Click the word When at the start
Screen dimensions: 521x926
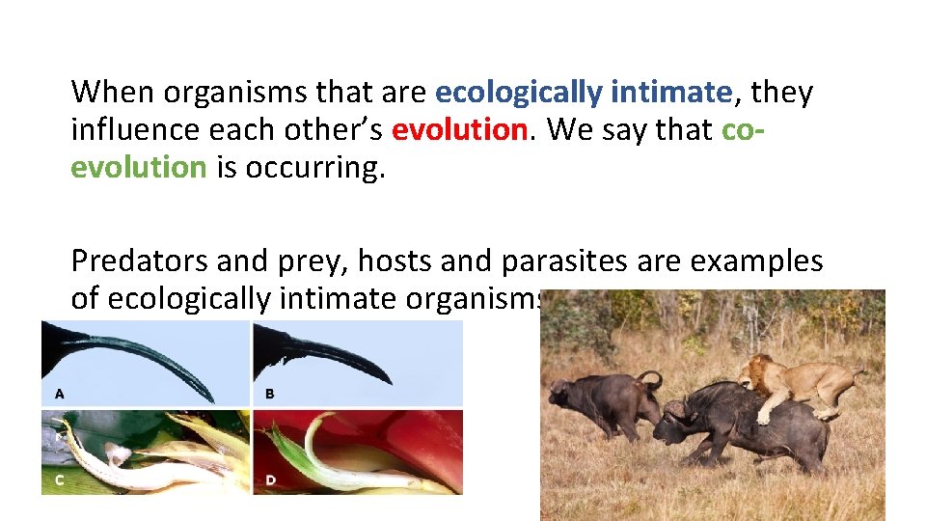point(113,93)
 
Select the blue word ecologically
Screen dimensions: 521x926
point(519,93)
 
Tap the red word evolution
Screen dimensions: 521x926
point(459,129)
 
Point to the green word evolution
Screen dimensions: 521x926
point(139,167)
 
